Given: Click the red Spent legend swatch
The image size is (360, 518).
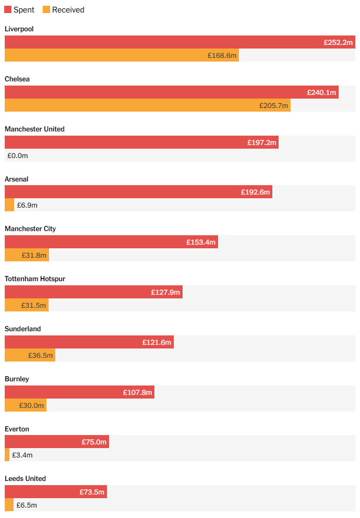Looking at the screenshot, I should coord(8,10).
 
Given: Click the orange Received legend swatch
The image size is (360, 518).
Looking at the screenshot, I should coord(46,10).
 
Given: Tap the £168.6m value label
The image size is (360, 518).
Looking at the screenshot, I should coord(222,55).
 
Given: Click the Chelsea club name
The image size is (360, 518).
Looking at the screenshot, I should coord(17,79).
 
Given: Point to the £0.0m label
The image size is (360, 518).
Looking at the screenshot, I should coord(17,155).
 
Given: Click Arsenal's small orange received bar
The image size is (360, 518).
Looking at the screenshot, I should coord(9,205).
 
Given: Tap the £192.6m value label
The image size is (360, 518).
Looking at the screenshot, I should coord(256,192).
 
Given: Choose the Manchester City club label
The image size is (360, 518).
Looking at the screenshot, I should coord(30,229).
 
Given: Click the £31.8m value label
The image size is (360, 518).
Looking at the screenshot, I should coord(34,255).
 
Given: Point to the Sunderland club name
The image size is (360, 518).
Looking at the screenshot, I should coord(22,329).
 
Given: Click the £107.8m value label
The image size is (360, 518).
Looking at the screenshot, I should coord(138,392).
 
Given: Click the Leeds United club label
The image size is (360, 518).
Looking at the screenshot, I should coord(25,479).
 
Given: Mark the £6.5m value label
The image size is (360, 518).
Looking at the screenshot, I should coord(27,505).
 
